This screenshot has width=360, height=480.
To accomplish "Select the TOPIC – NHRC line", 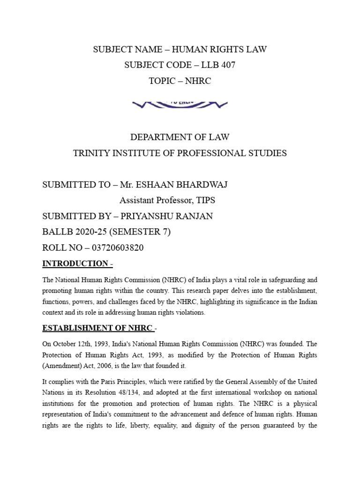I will point(180,81).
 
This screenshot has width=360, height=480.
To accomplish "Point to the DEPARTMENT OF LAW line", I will point(180,137).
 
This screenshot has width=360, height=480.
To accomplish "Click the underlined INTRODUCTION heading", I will point(75,263).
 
